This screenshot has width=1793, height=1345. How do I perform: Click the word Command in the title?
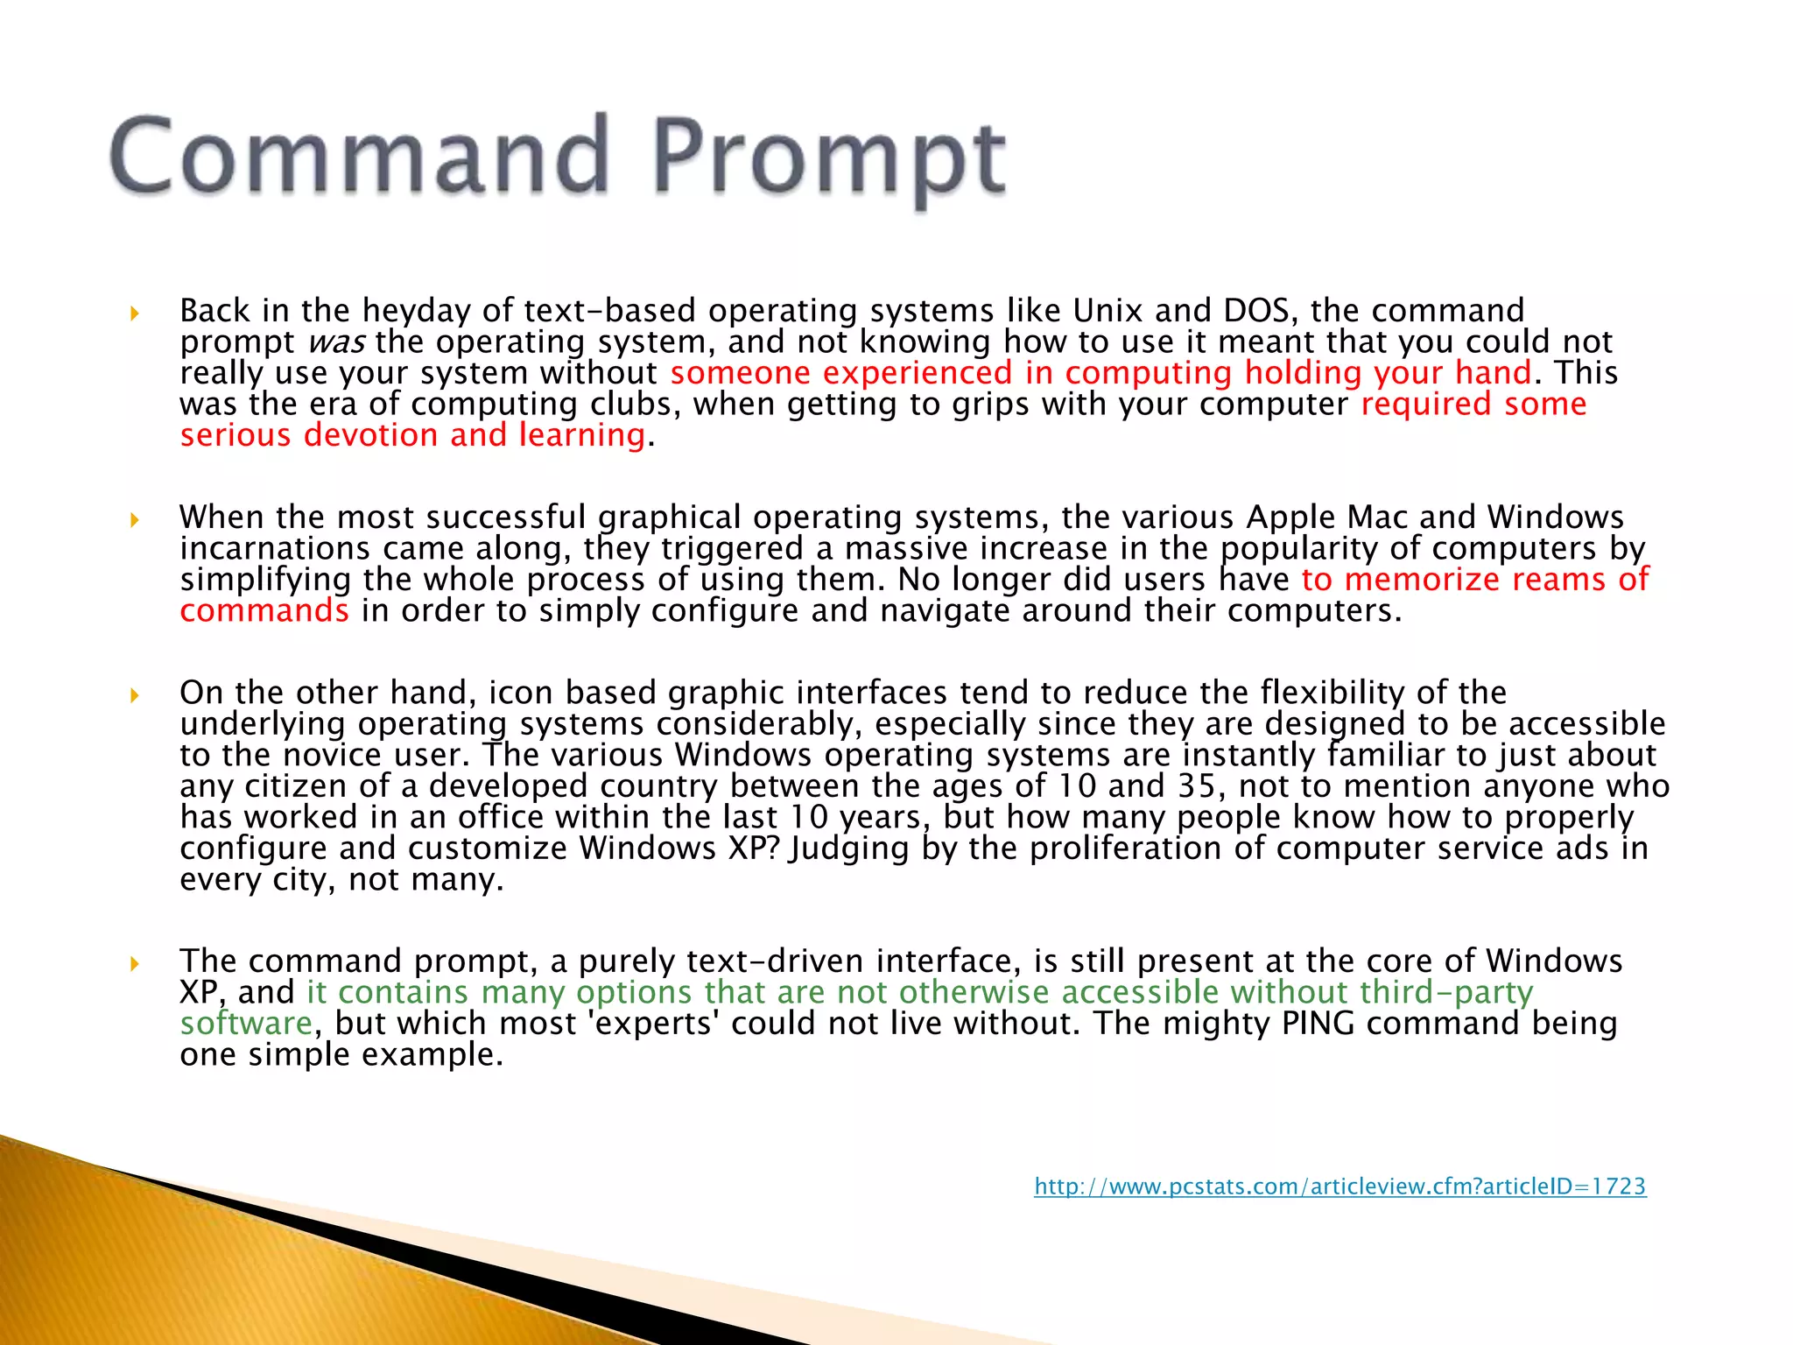[359, 155]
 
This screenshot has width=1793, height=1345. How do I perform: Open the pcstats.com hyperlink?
[1339, 1187]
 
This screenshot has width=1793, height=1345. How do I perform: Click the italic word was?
[336, 342]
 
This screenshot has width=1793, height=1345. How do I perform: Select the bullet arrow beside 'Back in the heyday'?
[134, 313]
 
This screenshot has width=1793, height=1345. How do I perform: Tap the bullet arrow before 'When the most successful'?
[134, 520]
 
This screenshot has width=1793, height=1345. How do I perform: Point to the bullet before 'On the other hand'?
[134, 695]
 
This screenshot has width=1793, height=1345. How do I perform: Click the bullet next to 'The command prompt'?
[134, 964]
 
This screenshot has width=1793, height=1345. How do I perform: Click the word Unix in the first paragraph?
[1107, 311]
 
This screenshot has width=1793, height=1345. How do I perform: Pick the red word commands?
[264, 611]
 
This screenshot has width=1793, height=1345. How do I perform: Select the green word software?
[246, 1024]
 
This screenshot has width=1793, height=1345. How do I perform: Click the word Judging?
[848, 849]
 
